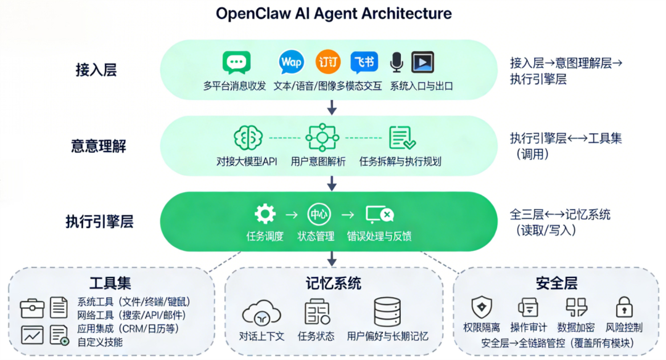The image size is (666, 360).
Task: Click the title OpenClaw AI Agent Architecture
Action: tap(334, 14)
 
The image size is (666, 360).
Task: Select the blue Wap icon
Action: tap(291, 62)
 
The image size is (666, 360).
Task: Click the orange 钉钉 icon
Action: tap(328, 62)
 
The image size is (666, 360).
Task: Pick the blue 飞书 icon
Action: tap(364, 62)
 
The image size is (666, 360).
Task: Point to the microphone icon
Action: tap(397, 62)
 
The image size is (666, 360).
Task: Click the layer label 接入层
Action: tap(96, 70)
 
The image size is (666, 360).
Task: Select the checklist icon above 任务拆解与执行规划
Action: tap(402, 137)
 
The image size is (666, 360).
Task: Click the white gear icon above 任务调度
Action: tap(265, 214)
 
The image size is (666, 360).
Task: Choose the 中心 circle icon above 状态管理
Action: tap(319, 214)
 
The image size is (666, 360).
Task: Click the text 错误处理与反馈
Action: tap(379, 235)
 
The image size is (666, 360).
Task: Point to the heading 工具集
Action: tap(110, 283)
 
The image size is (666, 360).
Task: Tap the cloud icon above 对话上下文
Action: tap(261, 313)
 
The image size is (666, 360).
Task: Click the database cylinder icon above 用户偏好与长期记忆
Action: tap(387, 312)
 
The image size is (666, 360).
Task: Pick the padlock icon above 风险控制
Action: tap(624, 307)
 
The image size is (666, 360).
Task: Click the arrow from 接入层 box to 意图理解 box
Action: tap(332, 107)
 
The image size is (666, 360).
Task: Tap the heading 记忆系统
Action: tap(333, 283)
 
